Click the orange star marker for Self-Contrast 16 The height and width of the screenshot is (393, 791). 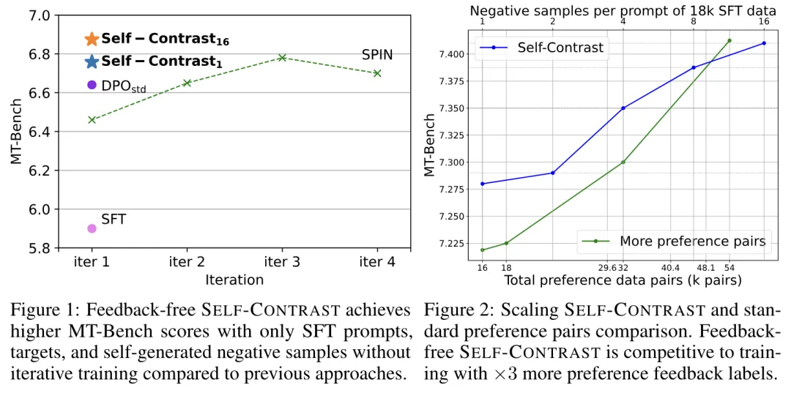[92, 39]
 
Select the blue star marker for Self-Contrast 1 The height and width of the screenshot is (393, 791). [92, 61]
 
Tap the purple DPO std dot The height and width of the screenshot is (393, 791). [92, 85]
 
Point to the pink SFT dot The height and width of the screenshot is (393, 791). [92, 228]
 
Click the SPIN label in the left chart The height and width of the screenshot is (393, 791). [377, 55]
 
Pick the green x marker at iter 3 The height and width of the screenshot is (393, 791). [282, 57]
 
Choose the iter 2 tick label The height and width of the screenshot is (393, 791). [187, 262]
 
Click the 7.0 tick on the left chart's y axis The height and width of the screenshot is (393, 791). [40, 15]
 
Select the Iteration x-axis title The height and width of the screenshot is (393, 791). [234, 279]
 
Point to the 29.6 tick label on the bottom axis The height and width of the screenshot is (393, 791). [607, 268]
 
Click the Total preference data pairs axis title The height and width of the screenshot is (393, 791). [623, 280]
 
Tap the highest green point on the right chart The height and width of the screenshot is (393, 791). [729, 40]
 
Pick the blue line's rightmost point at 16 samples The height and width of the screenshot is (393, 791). [764, 43]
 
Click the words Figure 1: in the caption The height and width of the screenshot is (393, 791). [42, 310]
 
